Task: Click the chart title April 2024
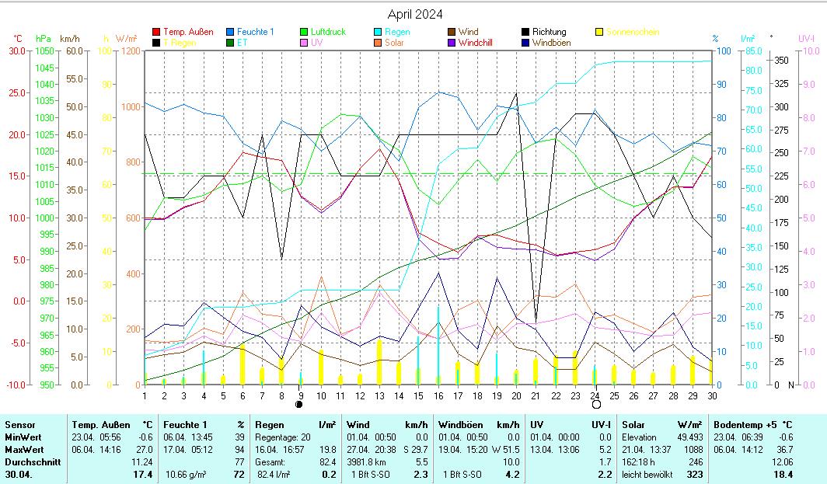415,14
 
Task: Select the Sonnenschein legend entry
632,32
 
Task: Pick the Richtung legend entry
549,32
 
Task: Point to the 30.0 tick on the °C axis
16,50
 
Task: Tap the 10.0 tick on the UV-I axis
809,50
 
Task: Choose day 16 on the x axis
438,395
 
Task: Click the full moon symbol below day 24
596,405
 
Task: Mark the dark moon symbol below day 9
301,405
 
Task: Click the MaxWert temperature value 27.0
144,449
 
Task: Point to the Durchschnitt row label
30,461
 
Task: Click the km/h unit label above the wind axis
70,38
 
